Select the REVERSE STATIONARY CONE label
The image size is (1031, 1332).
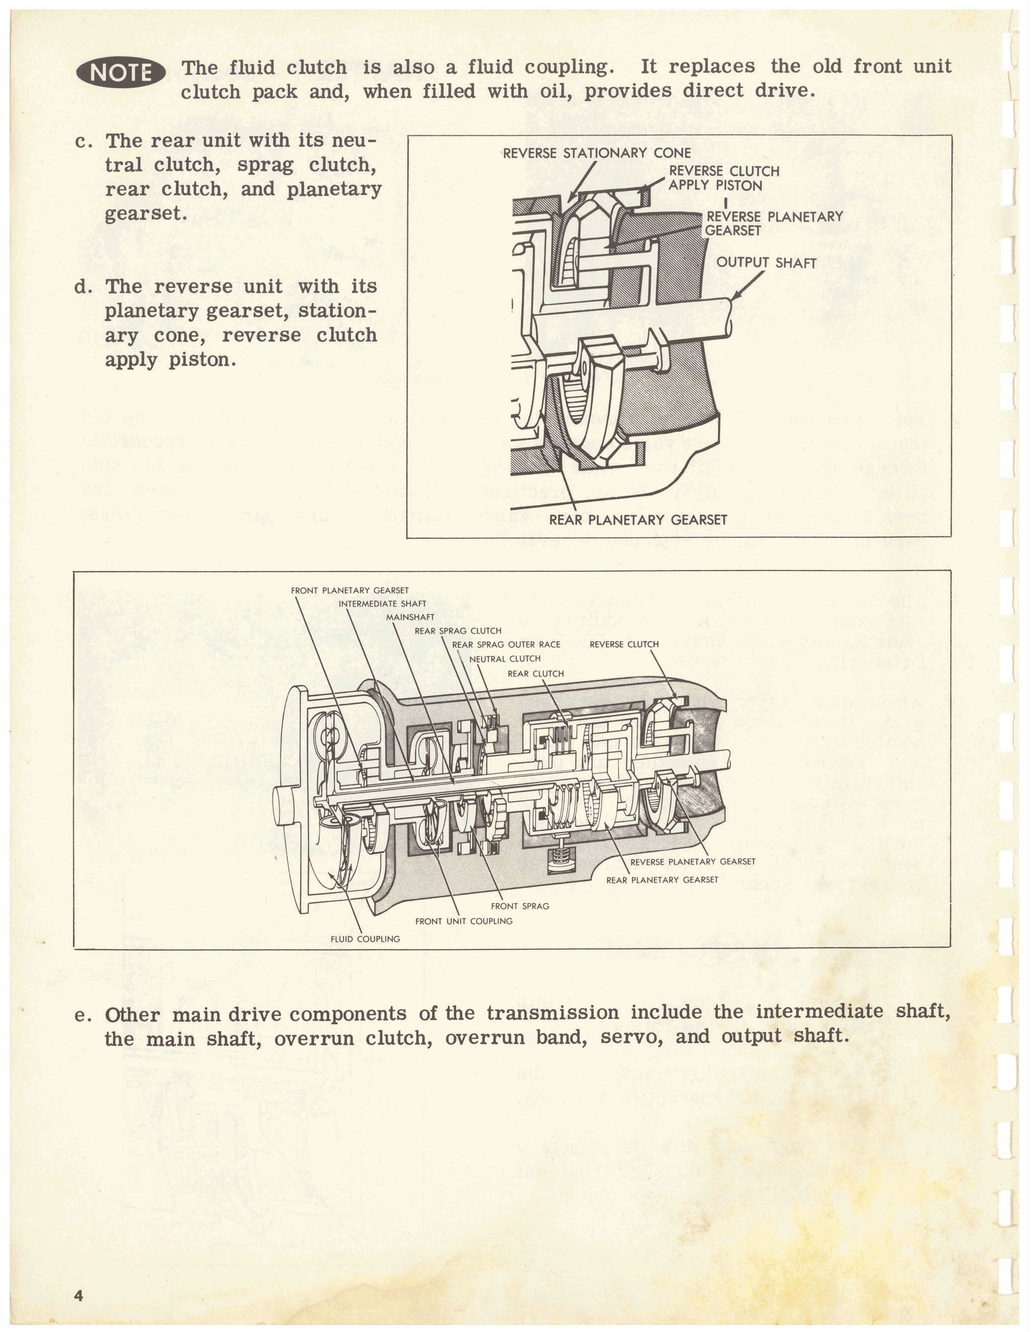(x=597, y=153)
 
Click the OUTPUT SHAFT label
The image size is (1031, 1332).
(x=766, y=263)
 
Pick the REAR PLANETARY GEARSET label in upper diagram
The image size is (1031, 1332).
(x=638, y=520)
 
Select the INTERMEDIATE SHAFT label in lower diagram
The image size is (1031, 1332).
(x=382, y=604)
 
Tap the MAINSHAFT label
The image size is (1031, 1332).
(x=410, y=617)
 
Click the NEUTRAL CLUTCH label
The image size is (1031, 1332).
(x=505, y=659)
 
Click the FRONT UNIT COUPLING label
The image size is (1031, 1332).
(x=464, y=921)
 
